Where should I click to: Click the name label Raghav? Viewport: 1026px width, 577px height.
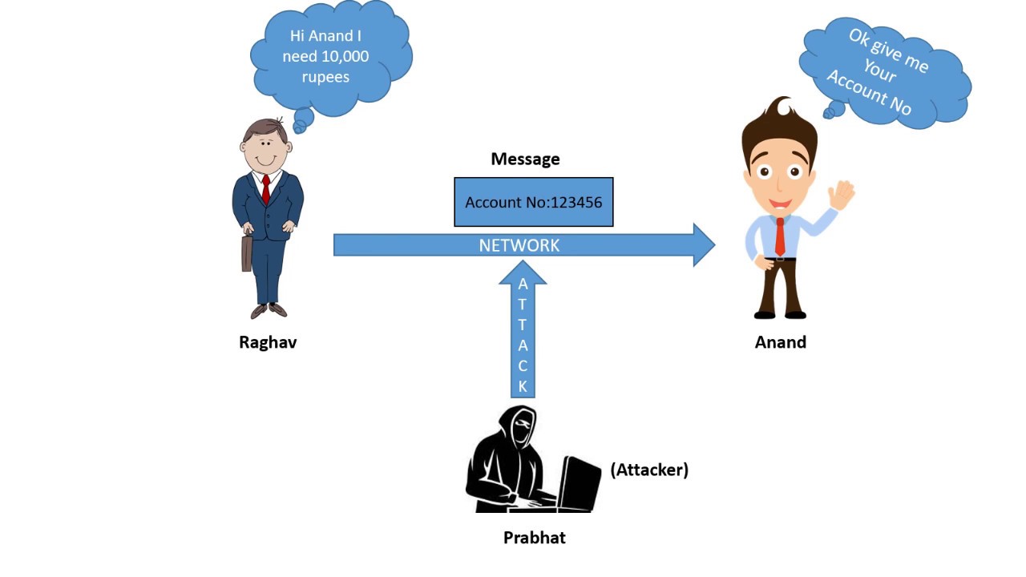tap(268, 342)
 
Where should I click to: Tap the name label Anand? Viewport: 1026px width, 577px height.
tap(780, 342)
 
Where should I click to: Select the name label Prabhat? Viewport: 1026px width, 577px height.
tap(534, 538)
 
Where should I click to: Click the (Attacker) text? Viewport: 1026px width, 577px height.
tap(649, 470)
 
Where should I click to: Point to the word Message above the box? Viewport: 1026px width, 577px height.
tap(525, 159)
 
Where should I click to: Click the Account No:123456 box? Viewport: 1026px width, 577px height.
tap(534, 202)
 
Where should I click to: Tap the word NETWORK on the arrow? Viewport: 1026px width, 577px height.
tap(519, 245)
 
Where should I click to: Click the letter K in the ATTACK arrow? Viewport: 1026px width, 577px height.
tap(523, 386)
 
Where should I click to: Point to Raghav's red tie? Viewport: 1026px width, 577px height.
tap(266, 189)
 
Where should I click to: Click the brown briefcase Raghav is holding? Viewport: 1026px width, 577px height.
tap(247, 252)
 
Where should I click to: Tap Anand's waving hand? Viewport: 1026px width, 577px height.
tap(842, 194)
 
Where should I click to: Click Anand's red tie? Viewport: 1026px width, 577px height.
tap(780, 236)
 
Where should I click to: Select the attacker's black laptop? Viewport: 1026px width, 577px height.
tap(580, 482)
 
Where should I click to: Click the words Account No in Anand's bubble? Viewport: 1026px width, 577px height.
tap(869, 93)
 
